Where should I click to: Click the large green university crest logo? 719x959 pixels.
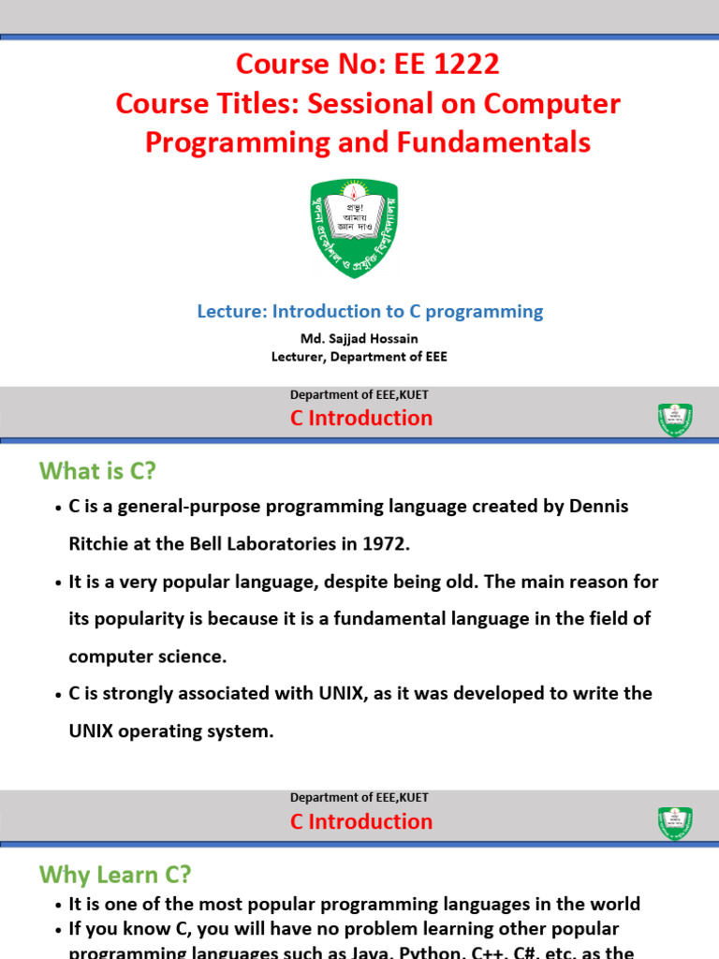point(354,228)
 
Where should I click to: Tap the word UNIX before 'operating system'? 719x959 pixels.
point(95,731)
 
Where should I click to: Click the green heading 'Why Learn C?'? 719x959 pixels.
point(114,875)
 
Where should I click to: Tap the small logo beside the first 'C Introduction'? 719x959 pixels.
point(674,420)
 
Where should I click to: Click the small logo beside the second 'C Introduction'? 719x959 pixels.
point(674,822)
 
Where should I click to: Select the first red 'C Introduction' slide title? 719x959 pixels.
point(361,419)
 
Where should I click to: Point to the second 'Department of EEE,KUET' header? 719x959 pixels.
point(359,798)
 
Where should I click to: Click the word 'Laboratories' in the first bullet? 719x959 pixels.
point(257,544)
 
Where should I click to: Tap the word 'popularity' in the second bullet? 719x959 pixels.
point(141,619)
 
